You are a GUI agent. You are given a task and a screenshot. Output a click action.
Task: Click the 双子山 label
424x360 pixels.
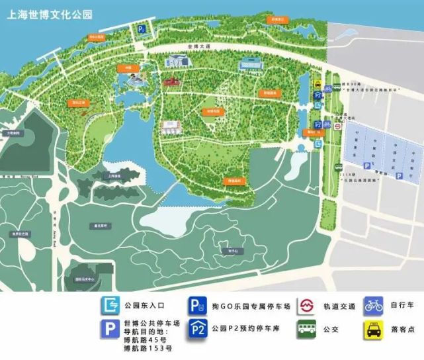233,251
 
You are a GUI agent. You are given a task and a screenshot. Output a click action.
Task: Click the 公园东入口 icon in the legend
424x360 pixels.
110,306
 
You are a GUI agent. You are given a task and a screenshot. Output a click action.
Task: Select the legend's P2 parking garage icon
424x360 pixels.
197,328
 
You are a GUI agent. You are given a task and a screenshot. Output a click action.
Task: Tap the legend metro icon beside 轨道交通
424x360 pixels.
306,306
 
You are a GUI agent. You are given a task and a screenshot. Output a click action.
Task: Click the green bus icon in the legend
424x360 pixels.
306,328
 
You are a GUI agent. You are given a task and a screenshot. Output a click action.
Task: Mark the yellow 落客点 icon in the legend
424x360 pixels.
373,328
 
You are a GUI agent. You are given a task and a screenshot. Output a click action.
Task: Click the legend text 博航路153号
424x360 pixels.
148,348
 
